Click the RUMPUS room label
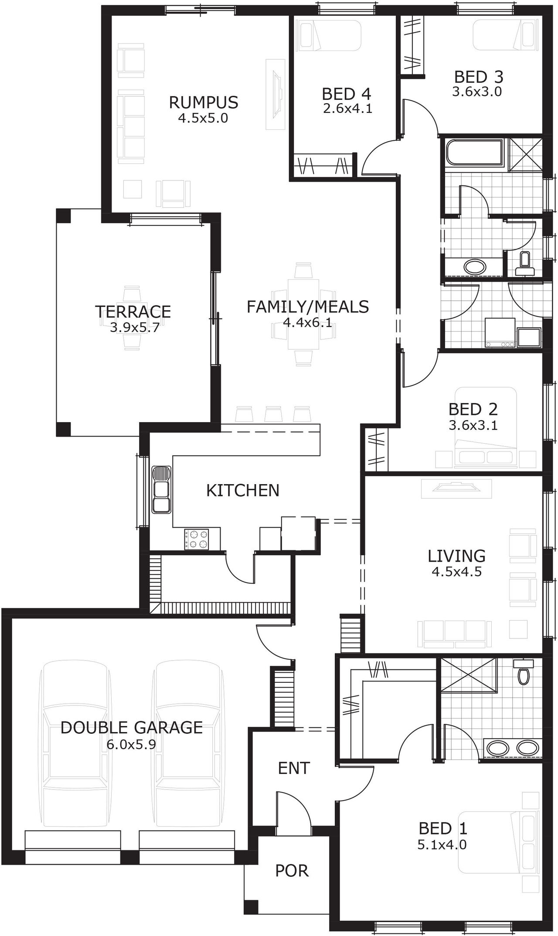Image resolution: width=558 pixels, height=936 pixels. click(x=203, y=102)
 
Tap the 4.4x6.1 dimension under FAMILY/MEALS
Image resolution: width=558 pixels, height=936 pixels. click(x=307, y=322)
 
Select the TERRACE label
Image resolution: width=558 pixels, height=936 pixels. click(x=133, y=312)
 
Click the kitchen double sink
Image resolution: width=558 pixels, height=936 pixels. click(x=161, y=489)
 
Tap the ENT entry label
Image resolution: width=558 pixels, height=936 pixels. click(x=294, y=768)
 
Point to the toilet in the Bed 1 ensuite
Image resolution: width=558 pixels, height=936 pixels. click(x=523, y=674)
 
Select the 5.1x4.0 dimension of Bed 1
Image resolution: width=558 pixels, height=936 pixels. click(x=442, y=844)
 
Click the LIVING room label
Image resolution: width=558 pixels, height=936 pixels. click(x=456, y=556)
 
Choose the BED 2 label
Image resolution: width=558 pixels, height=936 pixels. click(x=473, y=409)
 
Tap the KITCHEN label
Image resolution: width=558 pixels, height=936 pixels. click(x=242, y=490)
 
